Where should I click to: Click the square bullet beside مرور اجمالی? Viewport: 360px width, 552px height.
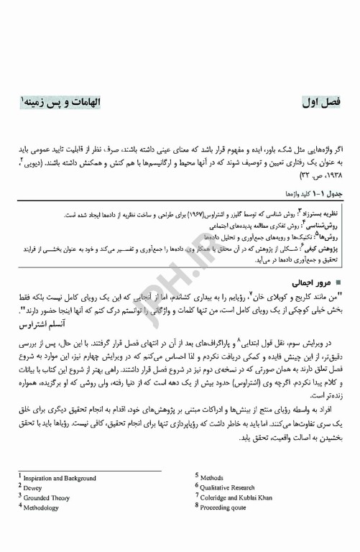coord(339,283)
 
